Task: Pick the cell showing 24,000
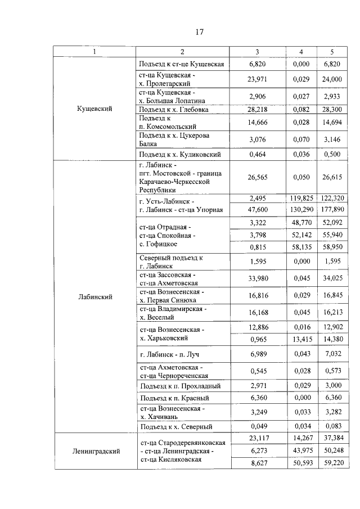tap(332, 79)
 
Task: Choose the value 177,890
tap(332, 210)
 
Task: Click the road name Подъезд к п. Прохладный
tap(179, 386)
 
